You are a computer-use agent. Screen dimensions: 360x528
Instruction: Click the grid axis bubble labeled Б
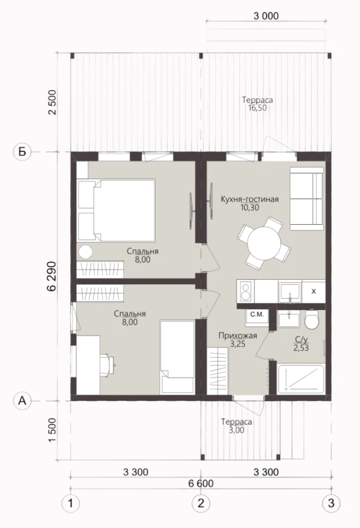coord(22,152)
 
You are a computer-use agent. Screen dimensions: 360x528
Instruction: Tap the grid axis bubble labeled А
coord(22,401)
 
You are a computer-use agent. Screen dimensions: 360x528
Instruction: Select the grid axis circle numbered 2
coord(201,504)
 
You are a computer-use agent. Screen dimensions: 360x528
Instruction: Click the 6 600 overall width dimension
coord(201,483)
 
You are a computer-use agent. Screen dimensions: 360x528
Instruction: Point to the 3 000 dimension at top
coord(266,16)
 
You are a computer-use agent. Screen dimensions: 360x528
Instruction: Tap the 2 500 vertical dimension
coord(53,102)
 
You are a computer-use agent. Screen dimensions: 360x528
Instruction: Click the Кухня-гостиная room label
coord(250,199)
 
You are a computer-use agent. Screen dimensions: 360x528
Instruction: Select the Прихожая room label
coord(238,336)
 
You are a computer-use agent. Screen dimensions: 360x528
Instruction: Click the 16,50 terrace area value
coord(257,108)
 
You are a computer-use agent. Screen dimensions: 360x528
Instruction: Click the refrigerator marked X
coord(313,291)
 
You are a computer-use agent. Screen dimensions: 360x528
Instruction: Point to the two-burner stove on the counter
coord(246,291)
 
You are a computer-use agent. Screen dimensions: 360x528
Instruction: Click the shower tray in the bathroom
coord(301,379)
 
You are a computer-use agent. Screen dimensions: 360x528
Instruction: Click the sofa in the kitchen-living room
coord(306,199)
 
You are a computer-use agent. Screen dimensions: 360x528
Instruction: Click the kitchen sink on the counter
coord(290,292)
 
